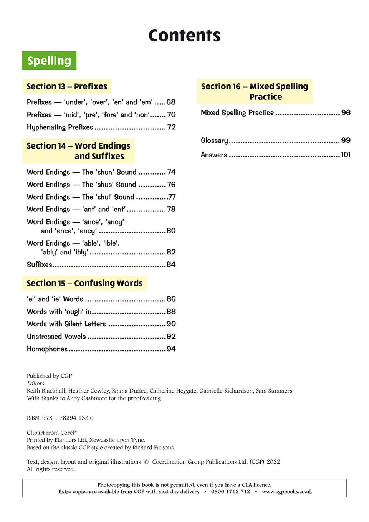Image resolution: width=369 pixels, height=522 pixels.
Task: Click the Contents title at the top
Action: click(184, 35)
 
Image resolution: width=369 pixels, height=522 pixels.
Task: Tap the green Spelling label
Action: click(49, 61)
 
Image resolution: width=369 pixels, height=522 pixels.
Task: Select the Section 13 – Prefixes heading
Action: click(67, 86)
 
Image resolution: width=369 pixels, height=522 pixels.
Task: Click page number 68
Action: click(171, 102)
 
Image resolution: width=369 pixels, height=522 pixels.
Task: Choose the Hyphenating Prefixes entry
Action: click(60, 127)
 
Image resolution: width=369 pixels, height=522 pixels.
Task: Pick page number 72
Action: click(171, 127)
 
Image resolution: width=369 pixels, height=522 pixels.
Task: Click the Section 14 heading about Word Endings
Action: click(78, 151)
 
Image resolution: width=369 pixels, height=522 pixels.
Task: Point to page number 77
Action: click(172, 197)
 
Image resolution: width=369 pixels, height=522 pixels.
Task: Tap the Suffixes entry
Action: click(40, 264)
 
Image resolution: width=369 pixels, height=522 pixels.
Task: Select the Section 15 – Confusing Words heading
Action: click(84, 283)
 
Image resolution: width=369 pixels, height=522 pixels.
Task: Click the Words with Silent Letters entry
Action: click(66, 324)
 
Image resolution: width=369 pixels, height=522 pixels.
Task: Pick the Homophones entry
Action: click(47, 349)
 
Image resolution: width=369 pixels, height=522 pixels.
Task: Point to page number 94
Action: click(171, 349)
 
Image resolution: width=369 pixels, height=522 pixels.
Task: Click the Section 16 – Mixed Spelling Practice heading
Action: click(255, 91)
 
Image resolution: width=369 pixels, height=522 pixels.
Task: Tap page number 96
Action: click(346, 112)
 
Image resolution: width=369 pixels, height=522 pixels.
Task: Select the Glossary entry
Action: click(214, 140)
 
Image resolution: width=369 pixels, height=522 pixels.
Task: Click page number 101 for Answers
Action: click(346, 155)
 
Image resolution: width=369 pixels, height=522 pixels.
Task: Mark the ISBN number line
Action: click(60, 418)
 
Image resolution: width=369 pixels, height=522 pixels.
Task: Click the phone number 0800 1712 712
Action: click(230, 491)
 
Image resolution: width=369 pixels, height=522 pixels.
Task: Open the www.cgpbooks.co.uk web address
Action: click(287, 491)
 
